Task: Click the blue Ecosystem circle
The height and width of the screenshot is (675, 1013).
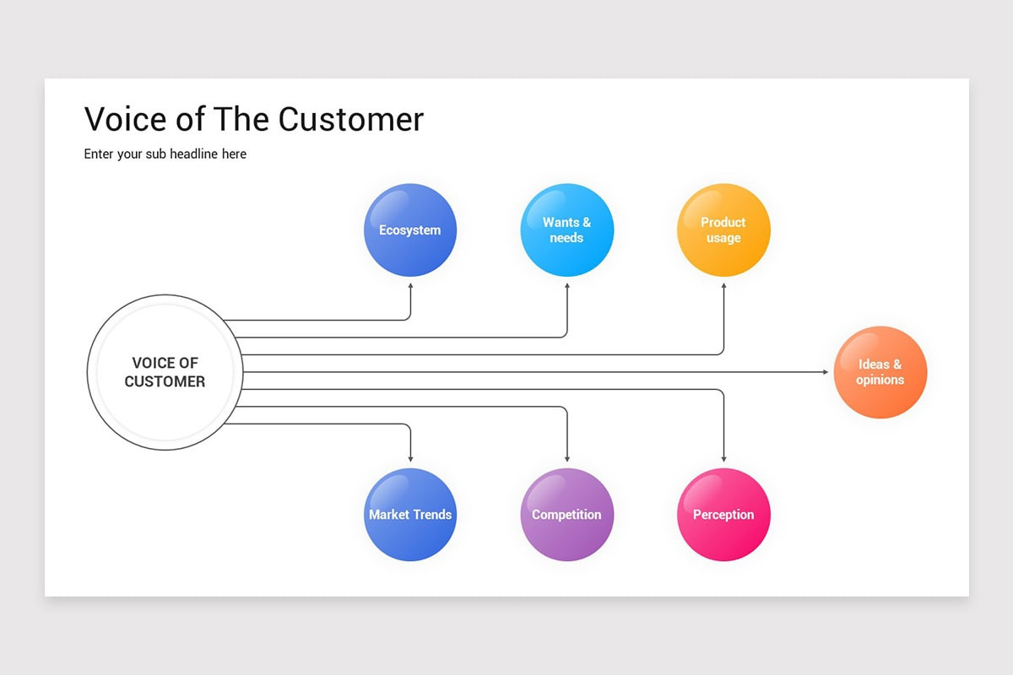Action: [410, 229]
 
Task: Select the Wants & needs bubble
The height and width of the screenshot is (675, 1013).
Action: [566, 229]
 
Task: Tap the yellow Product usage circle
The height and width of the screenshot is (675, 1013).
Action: [723, 229]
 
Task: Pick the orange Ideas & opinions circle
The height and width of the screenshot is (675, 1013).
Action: [880, 372]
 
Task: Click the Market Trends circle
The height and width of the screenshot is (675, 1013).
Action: [410, 514]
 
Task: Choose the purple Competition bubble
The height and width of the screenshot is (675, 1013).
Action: [566, 514]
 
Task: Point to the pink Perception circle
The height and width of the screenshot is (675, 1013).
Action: [723, 514]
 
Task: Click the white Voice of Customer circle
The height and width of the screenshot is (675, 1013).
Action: [165, 372]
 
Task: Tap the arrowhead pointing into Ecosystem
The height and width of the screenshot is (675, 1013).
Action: [410, 287]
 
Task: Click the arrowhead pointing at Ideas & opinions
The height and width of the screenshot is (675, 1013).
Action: [825, 372]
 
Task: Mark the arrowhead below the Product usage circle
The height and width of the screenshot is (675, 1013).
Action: [723, 287]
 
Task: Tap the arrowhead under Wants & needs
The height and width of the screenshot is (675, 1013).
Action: [566, 287]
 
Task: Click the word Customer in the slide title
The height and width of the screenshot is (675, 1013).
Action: [351, 119]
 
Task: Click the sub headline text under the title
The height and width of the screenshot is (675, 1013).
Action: [165, 154]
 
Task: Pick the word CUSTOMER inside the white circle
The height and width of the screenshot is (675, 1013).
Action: [165, 381]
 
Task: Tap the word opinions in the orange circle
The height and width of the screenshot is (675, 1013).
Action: [880, 380]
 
